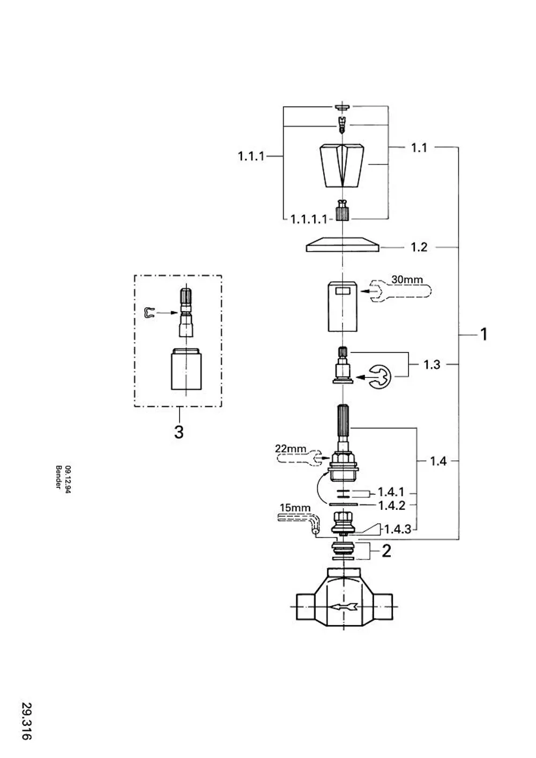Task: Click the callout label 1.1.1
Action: point(251,157)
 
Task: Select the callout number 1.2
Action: point(419,247)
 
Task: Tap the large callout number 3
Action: point(179,432)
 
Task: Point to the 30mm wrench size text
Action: point(407,280)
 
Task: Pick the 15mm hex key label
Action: point(295,508)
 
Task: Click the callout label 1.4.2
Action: point(391,506)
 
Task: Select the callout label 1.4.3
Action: point(398,529)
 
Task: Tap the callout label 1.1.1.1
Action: point(309,220)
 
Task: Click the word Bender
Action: point(58,477)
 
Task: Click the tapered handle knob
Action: point(343,166)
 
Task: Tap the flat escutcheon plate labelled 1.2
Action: point(343,244)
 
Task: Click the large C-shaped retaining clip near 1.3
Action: point(379,377)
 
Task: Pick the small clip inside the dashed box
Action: point(149,313)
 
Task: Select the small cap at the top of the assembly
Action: point(343,107)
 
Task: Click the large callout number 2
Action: point(386,551)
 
